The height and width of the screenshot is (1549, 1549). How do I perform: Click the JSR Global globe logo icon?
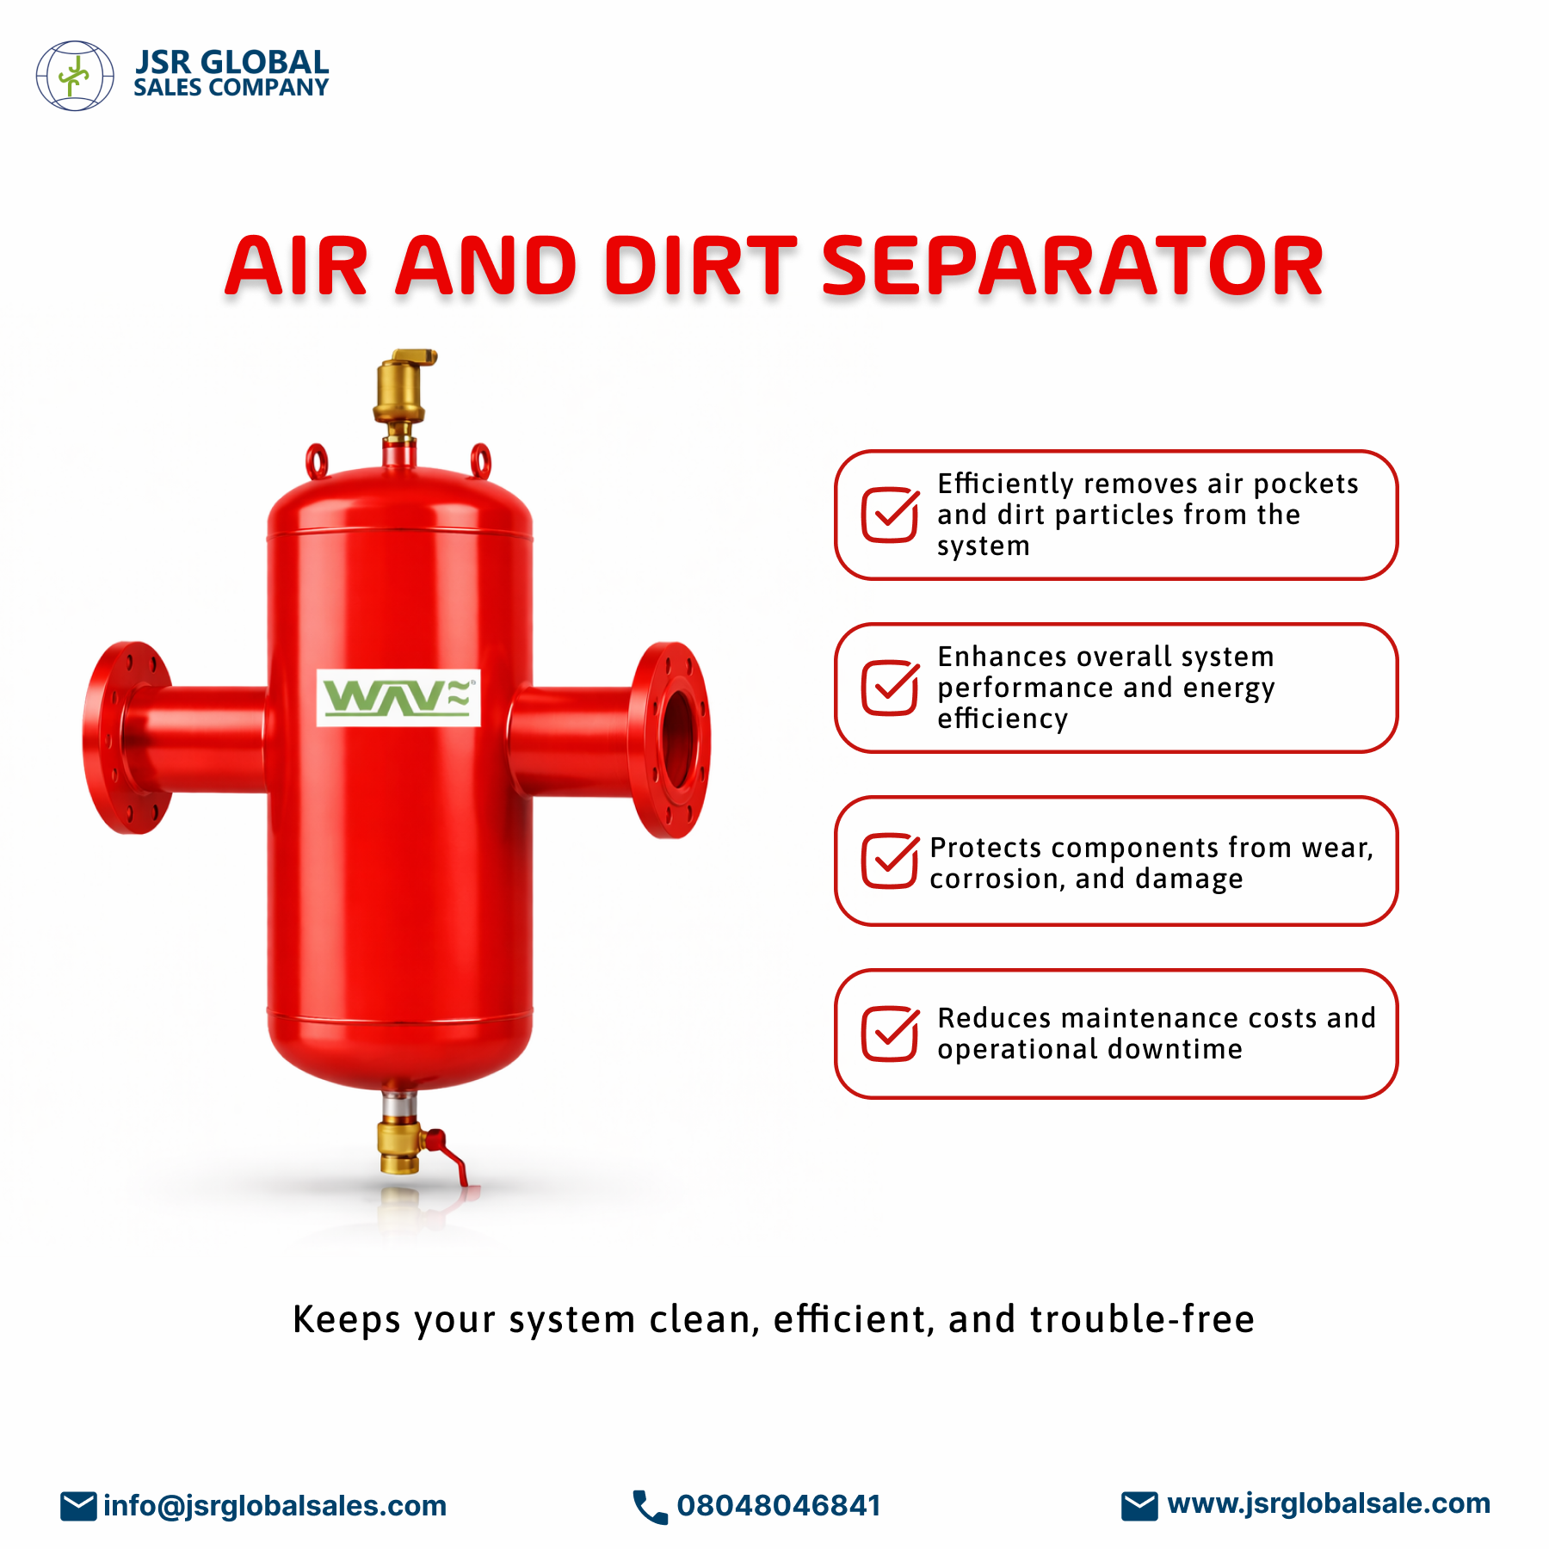pos(75,76)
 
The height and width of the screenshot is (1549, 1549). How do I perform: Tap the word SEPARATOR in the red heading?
pos(1072,267)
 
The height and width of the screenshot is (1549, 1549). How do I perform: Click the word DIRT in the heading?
pos(700,267)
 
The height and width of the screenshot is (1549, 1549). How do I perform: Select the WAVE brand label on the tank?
pos(398,698)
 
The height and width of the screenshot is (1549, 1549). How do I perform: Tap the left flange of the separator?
pos(127,737)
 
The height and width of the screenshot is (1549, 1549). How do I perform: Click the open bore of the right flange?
pos(676,738)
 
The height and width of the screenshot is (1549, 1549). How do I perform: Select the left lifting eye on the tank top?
pos(318,460)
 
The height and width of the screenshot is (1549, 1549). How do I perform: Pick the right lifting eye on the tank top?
pos(480,460)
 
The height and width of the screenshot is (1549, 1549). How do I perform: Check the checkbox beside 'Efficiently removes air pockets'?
pos(891,515)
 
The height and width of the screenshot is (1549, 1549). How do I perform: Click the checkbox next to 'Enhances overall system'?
pos(891,687)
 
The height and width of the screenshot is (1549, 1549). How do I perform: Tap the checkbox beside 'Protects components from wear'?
pos(891,860)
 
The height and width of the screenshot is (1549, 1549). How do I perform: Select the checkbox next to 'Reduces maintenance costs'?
pos(891,1033)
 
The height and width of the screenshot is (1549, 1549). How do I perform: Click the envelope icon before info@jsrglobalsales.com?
pos(78,1506)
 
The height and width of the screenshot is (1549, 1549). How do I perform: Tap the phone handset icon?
pos(650,1507)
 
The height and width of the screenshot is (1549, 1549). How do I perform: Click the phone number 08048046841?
pos(779,1506)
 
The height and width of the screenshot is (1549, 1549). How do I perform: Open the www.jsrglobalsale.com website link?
pos(1329,1503)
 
